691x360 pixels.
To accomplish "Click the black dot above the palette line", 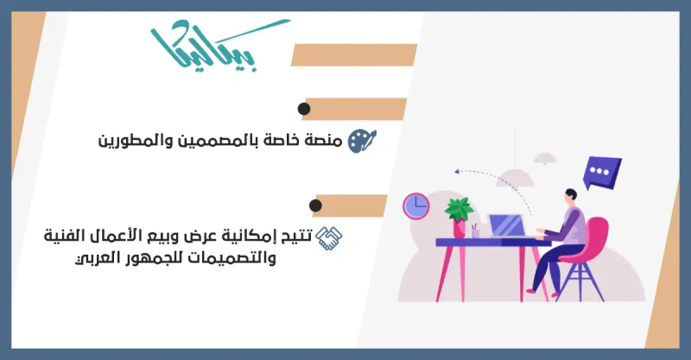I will [x=303, y=109].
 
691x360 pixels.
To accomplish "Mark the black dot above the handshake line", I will [x=315, y=205].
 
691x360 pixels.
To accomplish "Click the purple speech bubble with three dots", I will [x=601, y=173].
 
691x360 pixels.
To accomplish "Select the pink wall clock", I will [x=415, y=205].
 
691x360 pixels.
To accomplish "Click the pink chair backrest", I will [x=596, y=237].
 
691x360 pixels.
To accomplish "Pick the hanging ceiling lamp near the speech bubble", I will [x=545, y=159].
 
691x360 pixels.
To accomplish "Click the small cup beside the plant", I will [x=475, y=232].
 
